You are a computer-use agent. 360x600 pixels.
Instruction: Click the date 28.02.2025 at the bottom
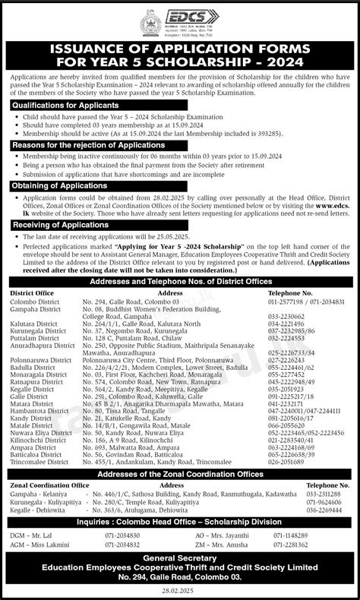[x=180, y=592]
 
